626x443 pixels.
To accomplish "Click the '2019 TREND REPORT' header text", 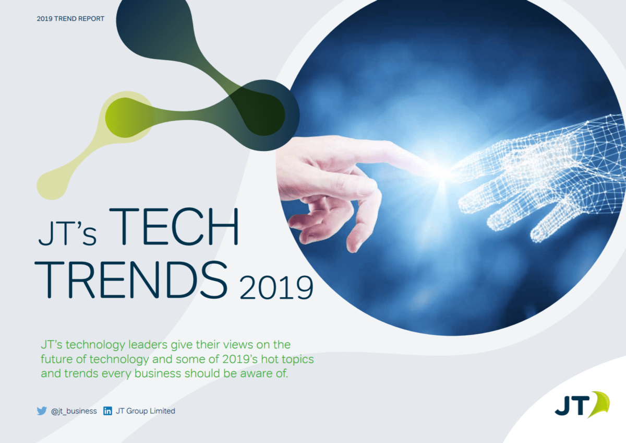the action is [x=70, y=19].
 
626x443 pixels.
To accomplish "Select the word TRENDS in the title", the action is [x=131, y=279].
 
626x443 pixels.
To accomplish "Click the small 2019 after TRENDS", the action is [x=276, y=288].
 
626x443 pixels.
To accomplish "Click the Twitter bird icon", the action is [x=42, y=411].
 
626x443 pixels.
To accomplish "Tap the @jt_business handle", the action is [x=74, y=411].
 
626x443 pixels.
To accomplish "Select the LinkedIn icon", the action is [x=107, y=411].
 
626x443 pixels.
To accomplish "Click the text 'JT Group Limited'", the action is [x=146, y=411].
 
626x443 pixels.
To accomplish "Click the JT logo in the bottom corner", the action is [x=582, y=405].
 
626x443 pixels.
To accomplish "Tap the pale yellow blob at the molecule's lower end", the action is [x=52, y=185].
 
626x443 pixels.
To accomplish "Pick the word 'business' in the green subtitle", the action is [x=158, y=374].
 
